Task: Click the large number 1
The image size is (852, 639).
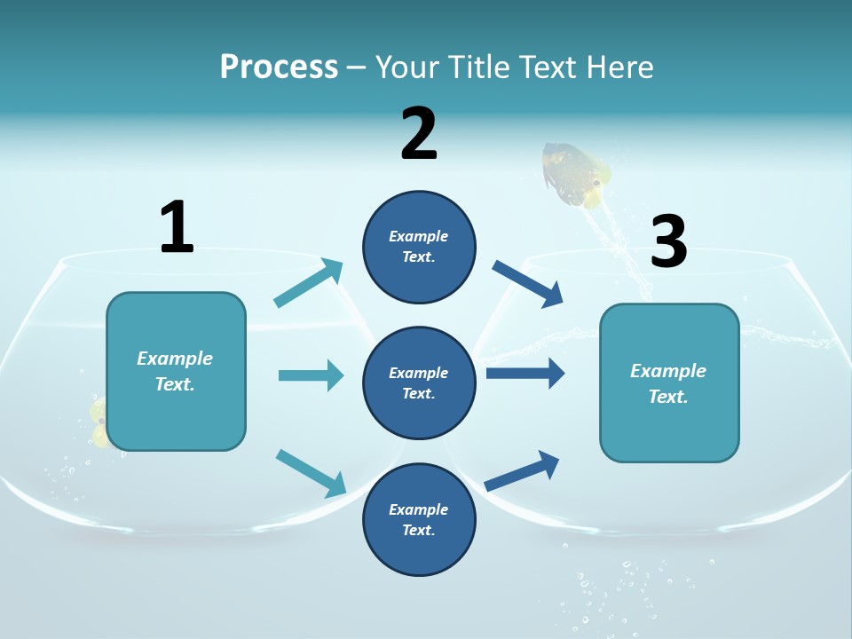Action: point(177,227)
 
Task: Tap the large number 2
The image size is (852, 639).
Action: point(419,134)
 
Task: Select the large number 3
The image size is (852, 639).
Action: point(668,241)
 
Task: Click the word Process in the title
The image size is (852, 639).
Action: point(279,67)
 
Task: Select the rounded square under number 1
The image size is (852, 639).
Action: point(176,371)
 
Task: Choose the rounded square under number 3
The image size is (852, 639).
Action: point(669,383)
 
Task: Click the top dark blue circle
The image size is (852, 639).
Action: point(419,247)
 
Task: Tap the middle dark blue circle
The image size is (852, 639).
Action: point(419,383)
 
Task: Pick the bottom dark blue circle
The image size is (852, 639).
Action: point(419,519)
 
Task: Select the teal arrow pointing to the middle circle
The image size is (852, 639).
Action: point(311,375)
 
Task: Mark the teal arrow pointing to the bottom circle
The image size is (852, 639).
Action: point(311,473)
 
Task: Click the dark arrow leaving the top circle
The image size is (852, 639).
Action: point(527,283)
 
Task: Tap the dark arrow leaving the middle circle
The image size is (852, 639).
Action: point(525,373)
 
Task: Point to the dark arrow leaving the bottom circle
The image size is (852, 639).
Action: point(523,470)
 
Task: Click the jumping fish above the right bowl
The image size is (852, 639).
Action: point(576,174)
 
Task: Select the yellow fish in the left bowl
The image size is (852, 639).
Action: point(99,423)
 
